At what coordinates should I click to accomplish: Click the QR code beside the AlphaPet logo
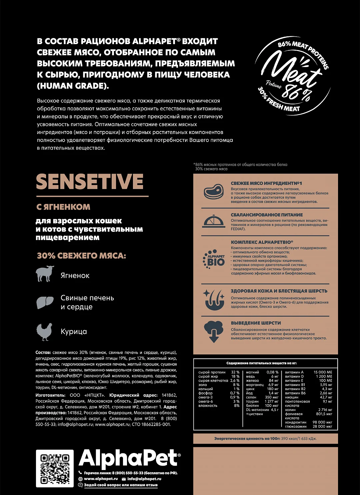tap(55, 468)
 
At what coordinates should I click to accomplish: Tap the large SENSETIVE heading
tap(90, 182)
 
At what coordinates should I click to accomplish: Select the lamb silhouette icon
tap(45, 274)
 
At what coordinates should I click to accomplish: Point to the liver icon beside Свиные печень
tap(45, 302)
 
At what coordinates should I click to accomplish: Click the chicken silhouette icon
tap(44, 331)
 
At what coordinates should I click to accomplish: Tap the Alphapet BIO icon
tap(214, 259)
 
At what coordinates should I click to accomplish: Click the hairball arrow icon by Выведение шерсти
tap(214, 331)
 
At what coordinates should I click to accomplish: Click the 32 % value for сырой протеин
tap(235, 372)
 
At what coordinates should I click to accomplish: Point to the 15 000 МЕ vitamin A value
tap(323, 372)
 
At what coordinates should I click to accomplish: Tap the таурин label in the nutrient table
tap(252, 401)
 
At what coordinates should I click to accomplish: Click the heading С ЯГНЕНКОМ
tap(63, 207)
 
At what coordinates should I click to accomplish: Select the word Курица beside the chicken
tap(74, 332)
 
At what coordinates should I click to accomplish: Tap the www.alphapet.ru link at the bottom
tap(101, 479)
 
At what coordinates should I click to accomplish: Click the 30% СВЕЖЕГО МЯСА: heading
tap(81, 256)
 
